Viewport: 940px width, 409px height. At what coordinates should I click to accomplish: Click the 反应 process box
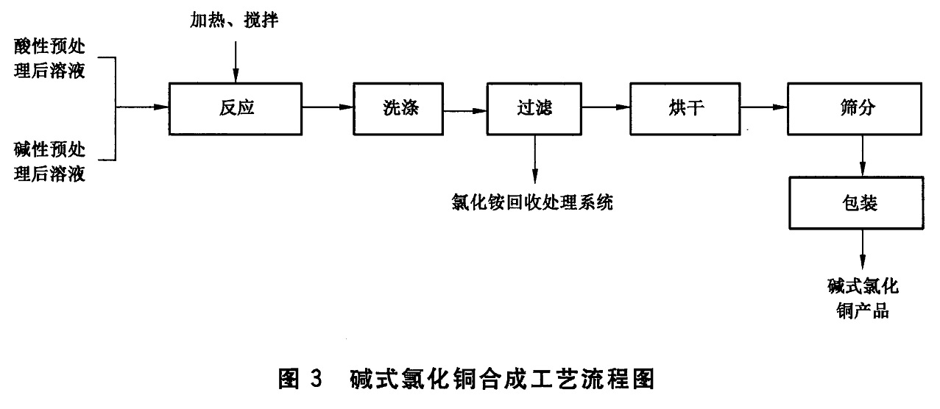tap(236, 108)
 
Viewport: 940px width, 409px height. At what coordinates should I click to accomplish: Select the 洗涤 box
tap(397, 108)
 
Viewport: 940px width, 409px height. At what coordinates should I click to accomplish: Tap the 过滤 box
tap(534, 108)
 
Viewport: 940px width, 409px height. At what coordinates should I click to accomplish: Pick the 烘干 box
tap(685, 108)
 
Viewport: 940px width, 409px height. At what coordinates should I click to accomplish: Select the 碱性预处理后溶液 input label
tap(49, 163)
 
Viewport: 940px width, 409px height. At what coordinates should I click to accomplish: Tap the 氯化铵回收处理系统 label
tap(534, 202)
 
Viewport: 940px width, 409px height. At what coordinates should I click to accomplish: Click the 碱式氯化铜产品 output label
tap(862, 298)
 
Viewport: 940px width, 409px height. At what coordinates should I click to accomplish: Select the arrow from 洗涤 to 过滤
tap(464, 111)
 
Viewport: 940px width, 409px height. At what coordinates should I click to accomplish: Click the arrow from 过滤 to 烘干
tap(606, 108)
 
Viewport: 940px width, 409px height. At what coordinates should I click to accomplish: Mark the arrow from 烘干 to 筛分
tap(764, 108)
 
